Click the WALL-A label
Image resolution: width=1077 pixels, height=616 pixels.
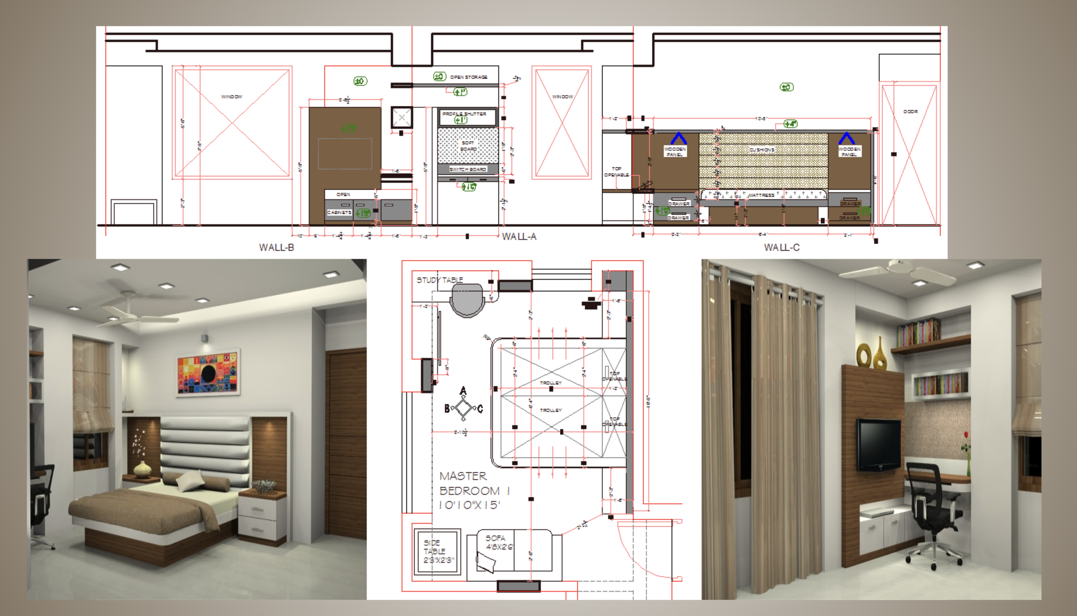coord(519,237)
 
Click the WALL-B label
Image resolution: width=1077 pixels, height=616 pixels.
coord(277,247)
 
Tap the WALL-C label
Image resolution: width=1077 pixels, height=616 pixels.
coord(781,247)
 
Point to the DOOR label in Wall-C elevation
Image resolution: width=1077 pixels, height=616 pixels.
coord(910,112)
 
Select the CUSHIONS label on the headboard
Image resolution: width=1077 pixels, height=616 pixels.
coord(762,150)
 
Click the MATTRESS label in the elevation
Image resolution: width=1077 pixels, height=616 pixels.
coord(761,195)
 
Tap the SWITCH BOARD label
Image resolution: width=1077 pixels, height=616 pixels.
coord(468,169)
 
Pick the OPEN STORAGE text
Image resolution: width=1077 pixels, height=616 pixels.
coord(469,77)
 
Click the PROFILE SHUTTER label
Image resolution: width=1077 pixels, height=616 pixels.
coord(464,114)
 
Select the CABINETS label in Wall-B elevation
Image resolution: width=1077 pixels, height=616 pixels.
coord(339,213)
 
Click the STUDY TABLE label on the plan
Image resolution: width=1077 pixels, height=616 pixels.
coord(440,280)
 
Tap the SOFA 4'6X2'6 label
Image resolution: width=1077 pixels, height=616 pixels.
coord(499,542)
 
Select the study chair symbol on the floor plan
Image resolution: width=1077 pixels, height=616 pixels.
coord(467,300)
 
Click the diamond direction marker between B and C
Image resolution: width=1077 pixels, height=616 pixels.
coord(464,407)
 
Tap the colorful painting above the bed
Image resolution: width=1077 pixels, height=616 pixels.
coord(208,372)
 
